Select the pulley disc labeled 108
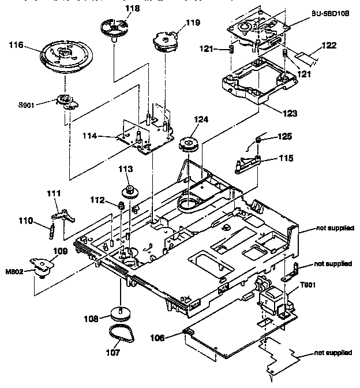click(121, 315)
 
